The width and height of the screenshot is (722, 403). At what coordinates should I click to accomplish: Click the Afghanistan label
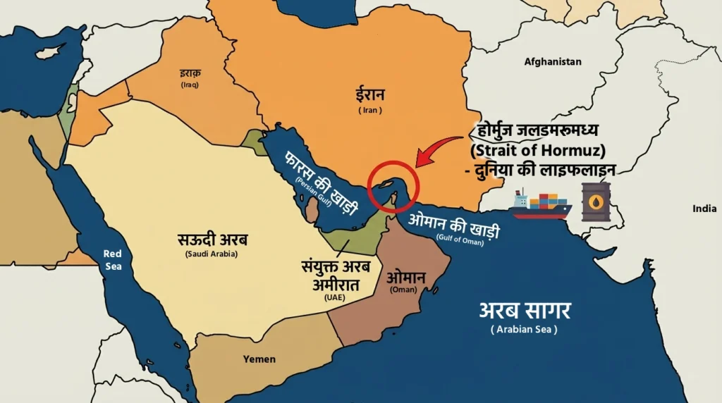coord(553,61)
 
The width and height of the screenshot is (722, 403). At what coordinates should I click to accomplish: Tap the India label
coord(704,209)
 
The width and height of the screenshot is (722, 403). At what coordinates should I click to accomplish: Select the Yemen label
coord(259,359)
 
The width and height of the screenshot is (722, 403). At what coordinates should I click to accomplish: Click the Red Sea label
coord(112,259)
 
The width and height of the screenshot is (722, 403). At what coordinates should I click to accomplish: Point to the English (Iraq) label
coord(190,85)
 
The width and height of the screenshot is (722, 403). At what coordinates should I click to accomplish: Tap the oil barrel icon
coord(596,201)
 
